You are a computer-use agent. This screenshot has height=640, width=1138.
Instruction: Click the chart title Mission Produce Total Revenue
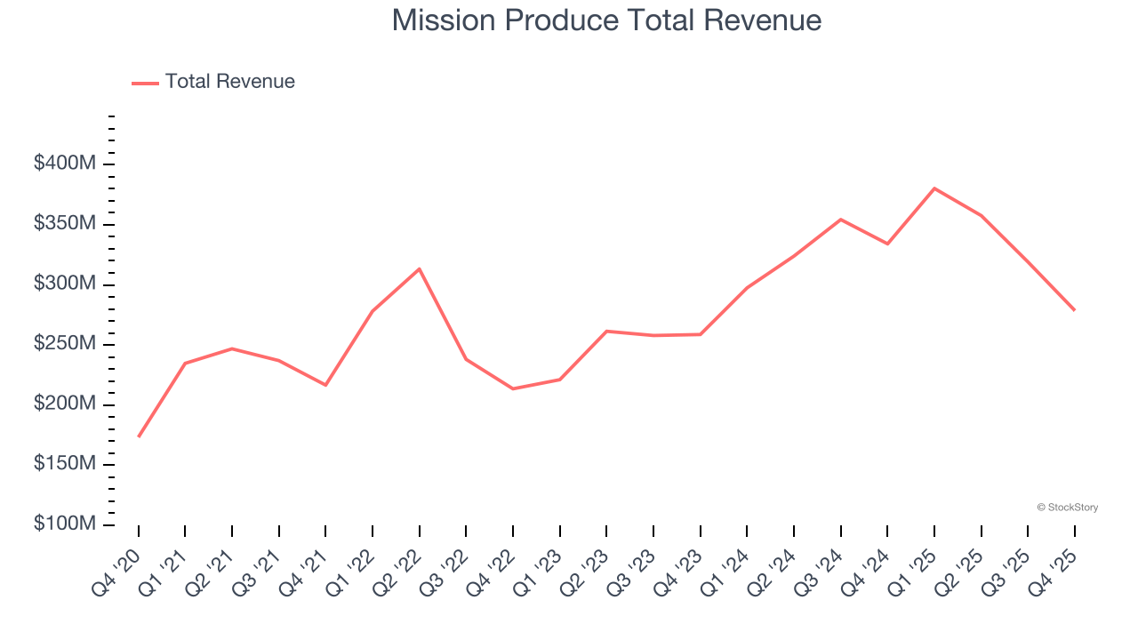(606, 20)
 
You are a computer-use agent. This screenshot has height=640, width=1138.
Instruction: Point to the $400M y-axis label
(65, 164)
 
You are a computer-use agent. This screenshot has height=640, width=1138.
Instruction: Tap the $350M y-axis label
(65, 224)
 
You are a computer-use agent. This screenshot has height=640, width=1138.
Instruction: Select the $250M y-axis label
(65, 344)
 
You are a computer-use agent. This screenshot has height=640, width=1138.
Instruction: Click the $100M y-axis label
(65, 524)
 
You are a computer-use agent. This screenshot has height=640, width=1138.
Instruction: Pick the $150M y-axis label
(65, 465)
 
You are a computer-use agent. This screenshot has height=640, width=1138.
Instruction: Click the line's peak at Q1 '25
(934, 188)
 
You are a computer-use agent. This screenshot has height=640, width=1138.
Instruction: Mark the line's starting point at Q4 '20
(139, 436)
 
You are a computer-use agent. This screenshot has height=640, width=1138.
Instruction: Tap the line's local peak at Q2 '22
(420, 268)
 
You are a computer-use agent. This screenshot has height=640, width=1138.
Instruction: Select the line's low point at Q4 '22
(513, 388)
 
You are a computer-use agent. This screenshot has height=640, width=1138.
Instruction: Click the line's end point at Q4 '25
(1074, 309)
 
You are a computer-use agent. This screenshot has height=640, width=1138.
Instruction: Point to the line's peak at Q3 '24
(841, 219)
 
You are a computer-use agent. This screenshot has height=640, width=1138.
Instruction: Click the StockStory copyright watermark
(1067, 508)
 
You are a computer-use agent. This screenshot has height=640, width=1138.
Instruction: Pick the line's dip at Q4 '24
(887, 244)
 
